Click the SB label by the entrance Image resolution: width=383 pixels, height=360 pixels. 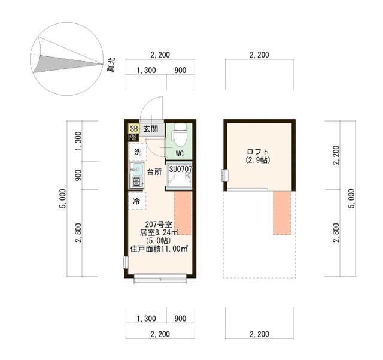click(x=133, y=128)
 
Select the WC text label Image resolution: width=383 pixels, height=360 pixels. click(x=178, y=153)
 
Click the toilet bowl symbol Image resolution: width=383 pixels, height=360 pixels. click(x=178, y=136)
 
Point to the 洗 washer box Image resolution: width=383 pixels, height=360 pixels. click(x=138, y=152)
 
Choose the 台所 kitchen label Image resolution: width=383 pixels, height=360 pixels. click(x=154, y=172)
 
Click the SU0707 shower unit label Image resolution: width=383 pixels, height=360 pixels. click(x=180, y=170)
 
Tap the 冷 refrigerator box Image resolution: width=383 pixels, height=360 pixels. click(x=137, y=201)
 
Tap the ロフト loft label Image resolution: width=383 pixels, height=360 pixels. click(x=258, y=152)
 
